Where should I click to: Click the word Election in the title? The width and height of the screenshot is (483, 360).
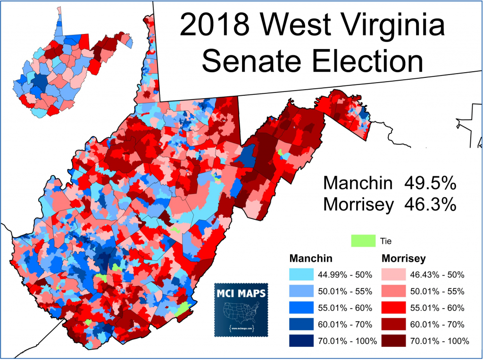[368, 62]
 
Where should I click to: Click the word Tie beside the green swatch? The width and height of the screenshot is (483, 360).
[386, 241]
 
